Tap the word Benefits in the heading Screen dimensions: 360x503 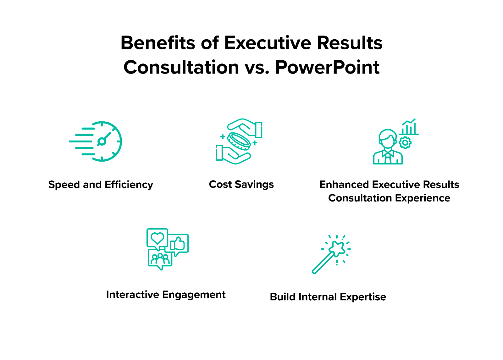[158, 43]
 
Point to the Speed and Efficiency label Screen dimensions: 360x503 [101, 185]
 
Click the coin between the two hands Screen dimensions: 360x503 [239, 141]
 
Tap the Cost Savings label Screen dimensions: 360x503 [241, 184]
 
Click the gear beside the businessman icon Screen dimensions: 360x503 [405, 143]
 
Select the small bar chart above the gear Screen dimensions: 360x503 [409, 127]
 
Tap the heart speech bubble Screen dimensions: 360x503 [157, 238]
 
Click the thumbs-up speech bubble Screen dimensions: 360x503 [179, 244]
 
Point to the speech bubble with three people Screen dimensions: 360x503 [160, 258]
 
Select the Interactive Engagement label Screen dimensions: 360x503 [166, 295]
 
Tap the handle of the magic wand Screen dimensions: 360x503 [322, 263]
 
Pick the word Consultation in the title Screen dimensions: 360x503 [181, 67]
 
